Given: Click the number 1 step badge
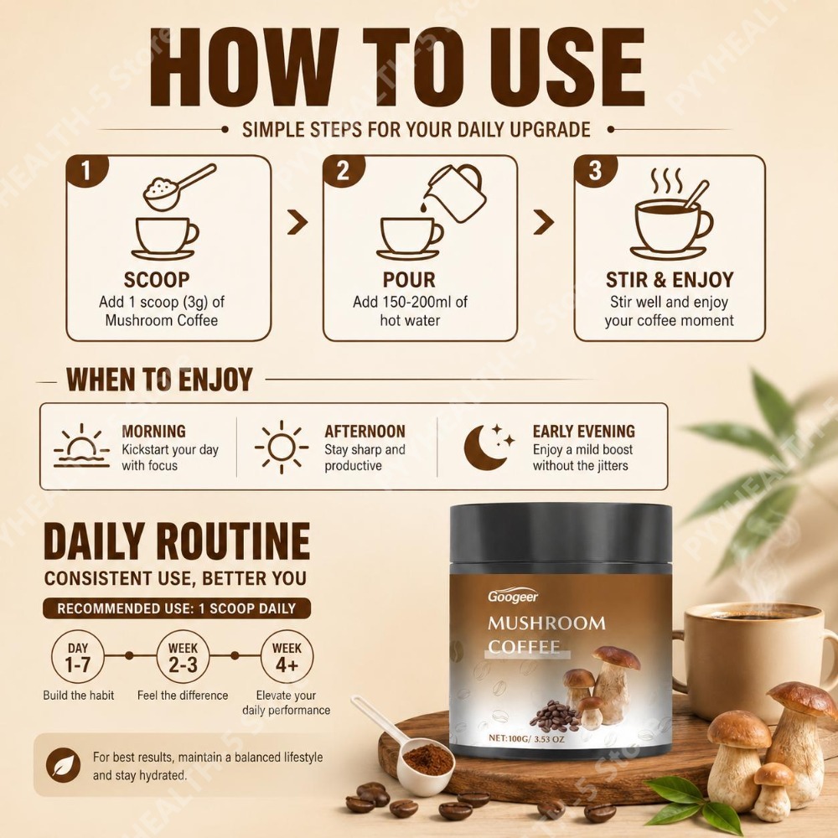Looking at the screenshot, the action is [86, 171].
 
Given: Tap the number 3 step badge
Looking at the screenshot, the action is [595, 171].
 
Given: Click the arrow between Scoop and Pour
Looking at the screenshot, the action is [297, 222].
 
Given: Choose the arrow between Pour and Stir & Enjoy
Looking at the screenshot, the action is [544, 222].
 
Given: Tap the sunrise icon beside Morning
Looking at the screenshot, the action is [81, 447].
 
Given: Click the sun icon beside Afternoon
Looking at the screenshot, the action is [282, 447].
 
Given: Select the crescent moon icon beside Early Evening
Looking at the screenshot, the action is [488, 447].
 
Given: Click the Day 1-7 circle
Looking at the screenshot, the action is [78, 656].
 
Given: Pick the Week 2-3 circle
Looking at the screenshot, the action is [183, 656].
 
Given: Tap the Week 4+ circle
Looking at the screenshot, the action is [287, 656].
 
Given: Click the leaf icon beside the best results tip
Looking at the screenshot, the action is [63, 765].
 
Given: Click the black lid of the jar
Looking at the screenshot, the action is [561, 534].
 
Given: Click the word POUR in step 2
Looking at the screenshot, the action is [409, 280].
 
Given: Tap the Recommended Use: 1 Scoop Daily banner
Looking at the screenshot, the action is [176, 608].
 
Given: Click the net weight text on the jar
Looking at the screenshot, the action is [526, 738].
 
